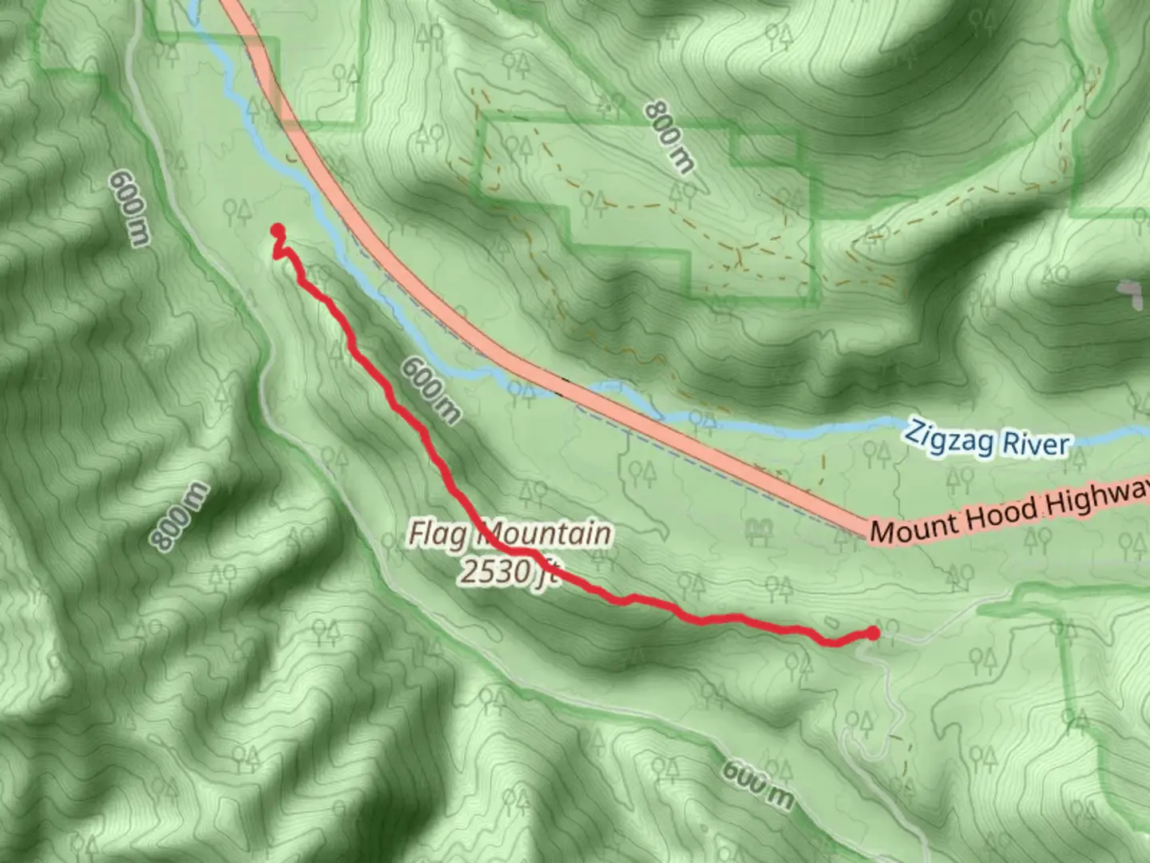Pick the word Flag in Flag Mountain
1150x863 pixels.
(438, 534)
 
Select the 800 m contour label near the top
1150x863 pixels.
(669, 136)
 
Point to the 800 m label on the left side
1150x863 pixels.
(180, 517)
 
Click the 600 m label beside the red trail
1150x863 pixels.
(430, 390)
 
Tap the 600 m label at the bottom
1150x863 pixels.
(758, 784)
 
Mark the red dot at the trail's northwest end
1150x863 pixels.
(277, 231)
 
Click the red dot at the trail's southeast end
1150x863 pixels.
(873, 633)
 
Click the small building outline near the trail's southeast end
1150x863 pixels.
(830, 622)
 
